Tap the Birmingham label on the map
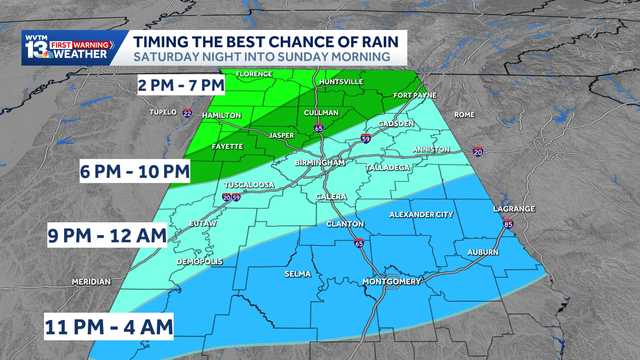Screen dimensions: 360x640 point(321,162)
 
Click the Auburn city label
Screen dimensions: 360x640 point(482,252)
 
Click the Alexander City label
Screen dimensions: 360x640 point(420,214)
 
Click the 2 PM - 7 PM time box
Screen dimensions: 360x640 point(180,86)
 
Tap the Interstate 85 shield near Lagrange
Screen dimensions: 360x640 point(508,224)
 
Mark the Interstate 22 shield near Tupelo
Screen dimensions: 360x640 point(187,113)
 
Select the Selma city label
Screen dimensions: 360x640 point(297,273)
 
